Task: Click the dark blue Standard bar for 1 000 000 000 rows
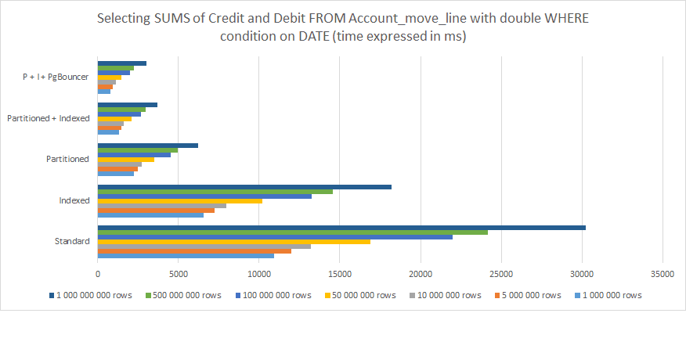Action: click(x=341, y=228)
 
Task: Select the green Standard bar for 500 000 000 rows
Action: click(x=293, y=232)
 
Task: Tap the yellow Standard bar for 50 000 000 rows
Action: click(x=234, y=242)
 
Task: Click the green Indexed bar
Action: click(x=215, y=192)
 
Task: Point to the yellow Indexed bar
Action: click(x=180, y=201)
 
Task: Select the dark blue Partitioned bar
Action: click(x=148, y=146)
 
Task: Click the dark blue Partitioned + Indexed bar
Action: click(x=128, y=105)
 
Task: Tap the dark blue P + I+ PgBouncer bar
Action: click(x=122, y=63)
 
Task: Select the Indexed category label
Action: click(x=74, y=200)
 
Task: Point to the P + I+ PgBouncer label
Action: click(x=55, y=77)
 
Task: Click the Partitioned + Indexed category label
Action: click(x=48, y=118)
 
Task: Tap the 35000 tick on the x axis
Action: click(x=663, y=273)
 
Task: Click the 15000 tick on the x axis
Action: click(x=340, y=273)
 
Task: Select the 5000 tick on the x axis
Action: click(x=179, y=273)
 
